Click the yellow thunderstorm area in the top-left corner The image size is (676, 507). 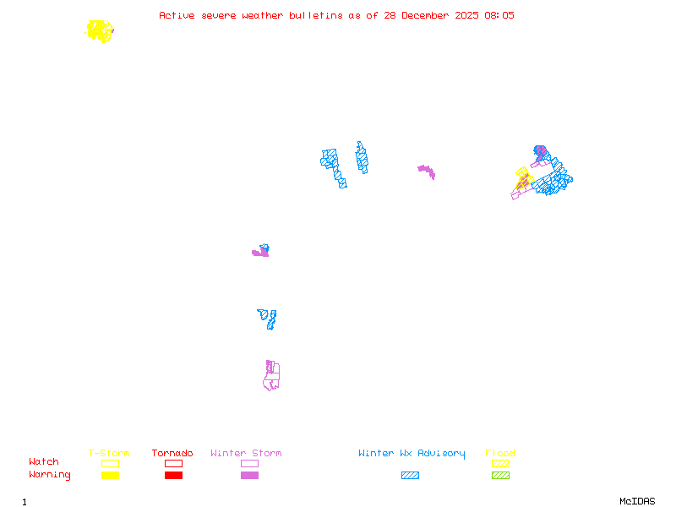(100, 31)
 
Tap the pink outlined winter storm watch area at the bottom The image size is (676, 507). (271, 377)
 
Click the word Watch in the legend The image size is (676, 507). (44, 462)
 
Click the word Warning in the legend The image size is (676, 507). (50, 475)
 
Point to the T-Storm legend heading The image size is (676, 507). (109, 454)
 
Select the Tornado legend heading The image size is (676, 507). (172, 454)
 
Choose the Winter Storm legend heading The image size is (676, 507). (246, 454)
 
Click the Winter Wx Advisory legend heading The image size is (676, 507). (412, 454)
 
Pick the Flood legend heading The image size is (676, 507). (500, 454)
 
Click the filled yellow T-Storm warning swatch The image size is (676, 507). (110, 476)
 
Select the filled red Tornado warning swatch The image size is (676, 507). (173, 476)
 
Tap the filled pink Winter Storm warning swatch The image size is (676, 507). (249, 476)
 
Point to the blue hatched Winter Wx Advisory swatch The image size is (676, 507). (410, 476)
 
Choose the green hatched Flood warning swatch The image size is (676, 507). (500, 476)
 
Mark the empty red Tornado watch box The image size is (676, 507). (173, 463)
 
